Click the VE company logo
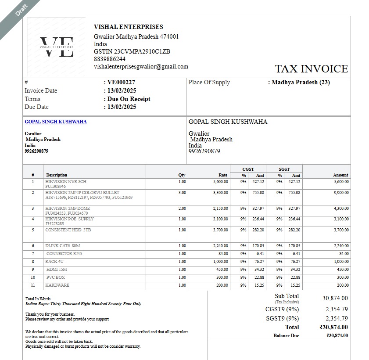(57, 47)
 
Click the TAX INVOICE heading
(311, 69)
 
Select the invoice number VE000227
(121, 82)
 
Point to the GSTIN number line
(132, 51)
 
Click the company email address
(141, 67)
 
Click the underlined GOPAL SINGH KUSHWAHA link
(55, 122)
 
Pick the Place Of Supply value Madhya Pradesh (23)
(301, 82)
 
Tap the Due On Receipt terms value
(129, 99)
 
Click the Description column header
(57, 175)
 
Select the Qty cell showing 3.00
(182, 193)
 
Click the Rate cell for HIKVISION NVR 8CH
(220, 181)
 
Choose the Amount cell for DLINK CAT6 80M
(340, 246)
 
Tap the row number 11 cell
(33, 285)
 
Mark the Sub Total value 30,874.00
(335, 298)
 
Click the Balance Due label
(286, 335)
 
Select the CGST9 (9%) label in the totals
(282, 309)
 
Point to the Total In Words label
(38, 299)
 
